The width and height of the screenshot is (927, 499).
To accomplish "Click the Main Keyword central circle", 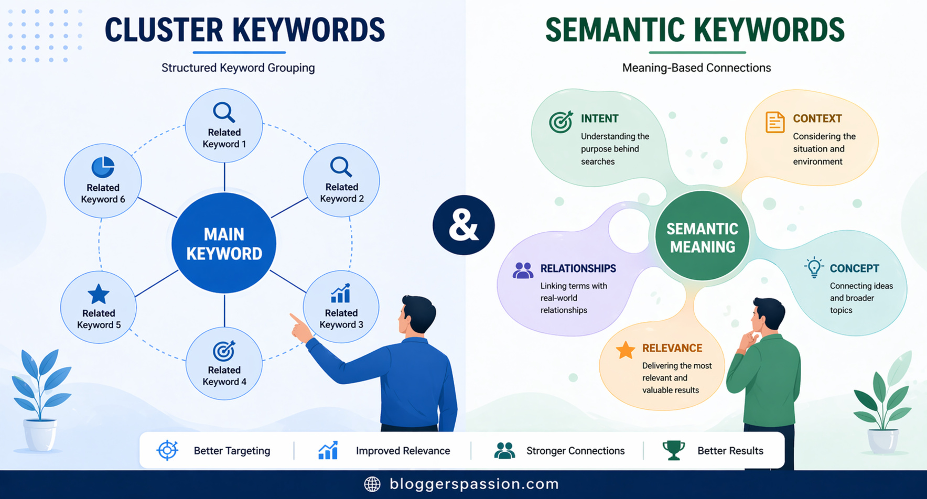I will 224,243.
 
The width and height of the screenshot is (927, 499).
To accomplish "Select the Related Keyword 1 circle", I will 224,126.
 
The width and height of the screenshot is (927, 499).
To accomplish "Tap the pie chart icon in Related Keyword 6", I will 103,167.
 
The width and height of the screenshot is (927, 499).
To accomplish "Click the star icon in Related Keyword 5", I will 99,294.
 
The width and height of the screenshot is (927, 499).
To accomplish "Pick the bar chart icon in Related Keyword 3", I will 341,294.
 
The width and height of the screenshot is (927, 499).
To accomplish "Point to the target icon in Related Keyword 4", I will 224,351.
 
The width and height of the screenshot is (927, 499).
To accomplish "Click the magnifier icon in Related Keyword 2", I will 341,167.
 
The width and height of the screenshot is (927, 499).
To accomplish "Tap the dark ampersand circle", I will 463,225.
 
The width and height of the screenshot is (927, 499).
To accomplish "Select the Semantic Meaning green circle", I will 702,237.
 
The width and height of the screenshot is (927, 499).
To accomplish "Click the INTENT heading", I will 599,118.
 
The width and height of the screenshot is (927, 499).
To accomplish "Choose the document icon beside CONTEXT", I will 774,122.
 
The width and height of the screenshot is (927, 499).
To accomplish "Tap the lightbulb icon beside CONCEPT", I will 814,267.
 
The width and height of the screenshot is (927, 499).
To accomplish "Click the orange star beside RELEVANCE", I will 626,350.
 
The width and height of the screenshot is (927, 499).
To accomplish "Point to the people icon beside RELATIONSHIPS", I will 523,270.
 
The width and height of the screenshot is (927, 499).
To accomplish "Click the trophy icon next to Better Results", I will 674,450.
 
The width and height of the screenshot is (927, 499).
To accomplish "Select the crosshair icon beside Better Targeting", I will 168,450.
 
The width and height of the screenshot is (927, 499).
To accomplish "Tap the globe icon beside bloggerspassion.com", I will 372,484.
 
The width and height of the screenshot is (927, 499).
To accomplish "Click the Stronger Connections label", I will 575,451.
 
